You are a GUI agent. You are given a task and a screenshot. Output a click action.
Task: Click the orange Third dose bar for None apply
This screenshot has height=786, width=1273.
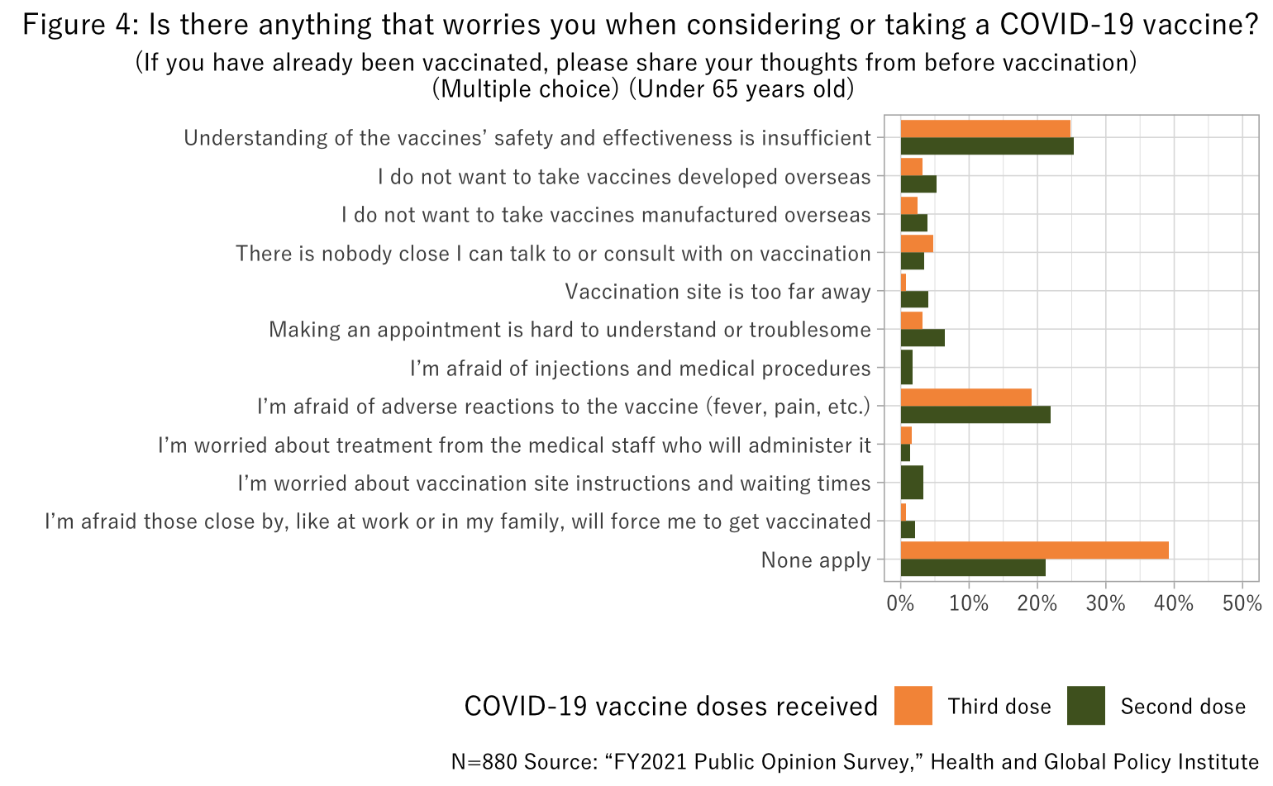point(1033,550)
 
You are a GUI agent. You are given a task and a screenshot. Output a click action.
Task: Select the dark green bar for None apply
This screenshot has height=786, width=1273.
point(972,568)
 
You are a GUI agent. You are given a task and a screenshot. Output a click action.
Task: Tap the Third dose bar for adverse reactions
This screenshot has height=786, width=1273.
point(965,398)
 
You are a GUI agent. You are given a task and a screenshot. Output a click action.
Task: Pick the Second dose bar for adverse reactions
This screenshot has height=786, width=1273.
point(975,414)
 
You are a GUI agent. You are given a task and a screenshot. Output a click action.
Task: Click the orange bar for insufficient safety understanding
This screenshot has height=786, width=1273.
point(985,128)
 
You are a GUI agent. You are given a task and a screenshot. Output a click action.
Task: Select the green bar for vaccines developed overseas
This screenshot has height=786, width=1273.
point(918,184)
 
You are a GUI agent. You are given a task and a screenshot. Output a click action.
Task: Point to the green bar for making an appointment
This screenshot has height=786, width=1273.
point(922,337)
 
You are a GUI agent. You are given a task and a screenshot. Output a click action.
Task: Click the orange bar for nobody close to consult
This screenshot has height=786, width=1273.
point(916,244)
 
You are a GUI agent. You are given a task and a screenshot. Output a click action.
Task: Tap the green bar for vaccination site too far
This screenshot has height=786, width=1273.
point(913,299)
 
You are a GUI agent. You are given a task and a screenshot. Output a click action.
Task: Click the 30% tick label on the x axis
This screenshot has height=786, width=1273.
point(1105,603)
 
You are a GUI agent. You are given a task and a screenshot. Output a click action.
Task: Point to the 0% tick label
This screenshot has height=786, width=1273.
point(900,603)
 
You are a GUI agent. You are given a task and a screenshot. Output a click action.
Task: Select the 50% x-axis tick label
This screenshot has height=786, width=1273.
point(1242,603)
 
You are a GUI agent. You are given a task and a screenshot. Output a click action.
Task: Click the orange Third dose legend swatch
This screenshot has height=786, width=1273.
point(913,706)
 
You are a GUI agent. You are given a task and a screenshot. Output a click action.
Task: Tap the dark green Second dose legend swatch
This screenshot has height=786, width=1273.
point(1085,706)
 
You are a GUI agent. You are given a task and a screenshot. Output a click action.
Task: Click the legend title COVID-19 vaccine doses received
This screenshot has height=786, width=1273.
point(670,707)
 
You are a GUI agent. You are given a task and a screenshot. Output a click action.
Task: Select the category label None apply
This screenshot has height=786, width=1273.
point(815,560)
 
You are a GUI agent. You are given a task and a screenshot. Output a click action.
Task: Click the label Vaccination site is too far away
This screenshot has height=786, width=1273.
point(718,292)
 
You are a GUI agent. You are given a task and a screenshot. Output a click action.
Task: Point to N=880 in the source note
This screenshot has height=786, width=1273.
point(485,762)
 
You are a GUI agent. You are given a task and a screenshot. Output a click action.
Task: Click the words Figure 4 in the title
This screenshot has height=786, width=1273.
point(75,25)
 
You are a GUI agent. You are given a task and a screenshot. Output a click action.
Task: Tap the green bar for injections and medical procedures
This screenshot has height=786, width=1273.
point(906,368)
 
